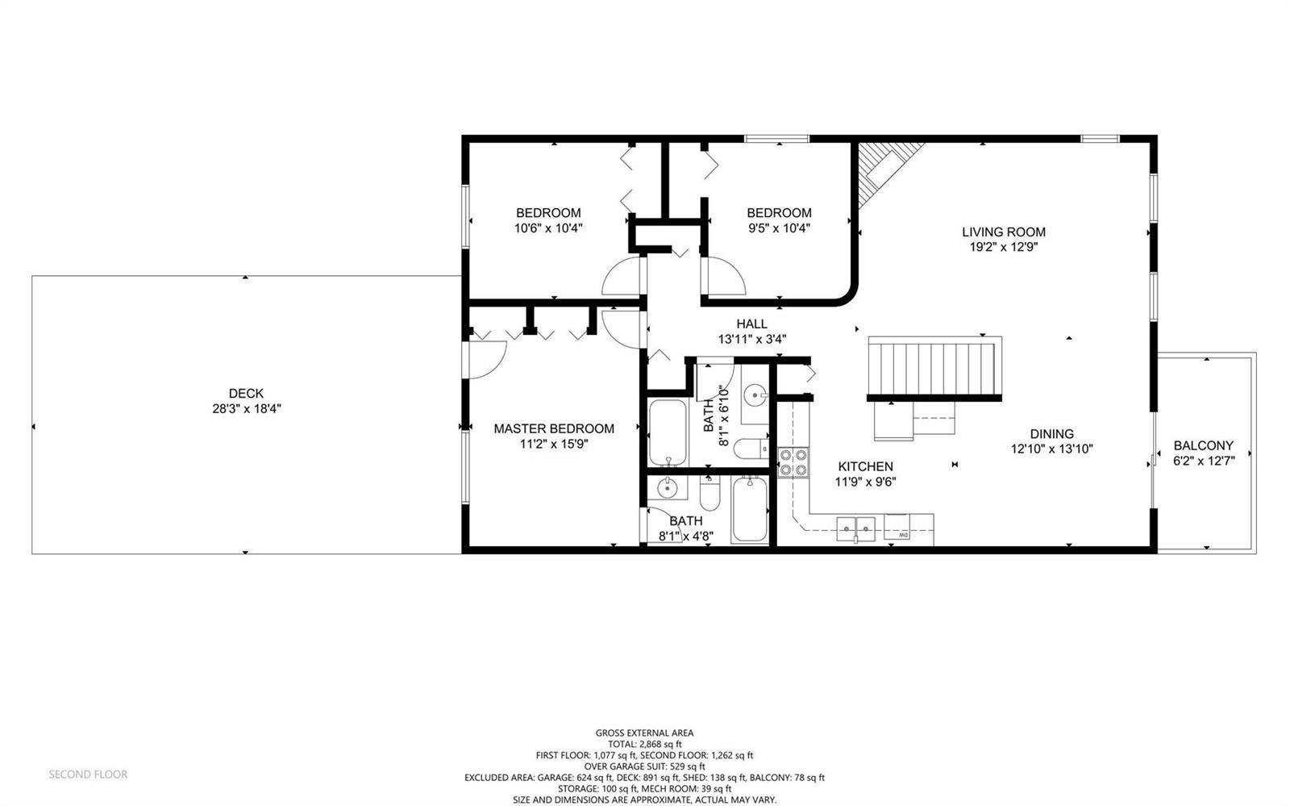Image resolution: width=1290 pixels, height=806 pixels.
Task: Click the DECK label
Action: (x=246, y=394)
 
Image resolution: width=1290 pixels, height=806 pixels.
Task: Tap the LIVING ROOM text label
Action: (x=1003, y=232)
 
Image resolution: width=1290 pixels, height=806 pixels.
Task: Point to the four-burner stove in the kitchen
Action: (x=793, y=462)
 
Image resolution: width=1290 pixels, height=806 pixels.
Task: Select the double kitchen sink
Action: (x=855, y=528)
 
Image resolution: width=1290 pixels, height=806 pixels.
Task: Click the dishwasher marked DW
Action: (x=897, y=527)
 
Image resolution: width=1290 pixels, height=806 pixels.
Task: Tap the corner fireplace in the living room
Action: (x=884, y=173)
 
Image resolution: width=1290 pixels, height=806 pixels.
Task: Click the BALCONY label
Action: (x=1204, y=445)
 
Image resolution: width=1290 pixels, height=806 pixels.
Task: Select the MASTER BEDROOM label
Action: (x=553, y=428)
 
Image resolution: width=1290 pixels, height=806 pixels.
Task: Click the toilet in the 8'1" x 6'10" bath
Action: (x=751, y=449)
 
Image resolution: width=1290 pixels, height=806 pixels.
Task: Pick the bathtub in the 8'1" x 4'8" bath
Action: (x=750, y=509)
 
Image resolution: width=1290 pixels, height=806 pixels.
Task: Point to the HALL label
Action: (x=751, y=324)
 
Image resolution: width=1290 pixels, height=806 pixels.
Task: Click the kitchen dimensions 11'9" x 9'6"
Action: (x=866, y=482)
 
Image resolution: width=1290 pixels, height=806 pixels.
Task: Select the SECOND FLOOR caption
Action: (x=88, y=775)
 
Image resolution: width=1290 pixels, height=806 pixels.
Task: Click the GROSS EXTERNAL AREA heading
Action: (x=644, y=733)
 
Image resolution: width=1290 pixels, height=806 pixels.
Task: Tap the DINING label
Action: (x=1051, y=434)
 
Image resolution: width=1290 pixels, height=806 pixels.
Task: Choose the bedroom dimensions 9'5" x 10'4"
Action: (x=779, y=228)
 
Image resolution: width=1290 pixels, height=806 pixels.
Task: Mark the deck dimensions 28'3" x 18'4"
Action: (x=247, y=409)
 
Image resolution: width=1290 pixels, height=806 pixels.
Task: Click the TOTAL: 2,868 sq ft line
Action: (x=644, y=744)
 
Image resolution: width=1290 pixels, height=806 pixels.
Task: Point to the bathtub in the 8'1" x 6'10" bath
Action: (x=668, y=432)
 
